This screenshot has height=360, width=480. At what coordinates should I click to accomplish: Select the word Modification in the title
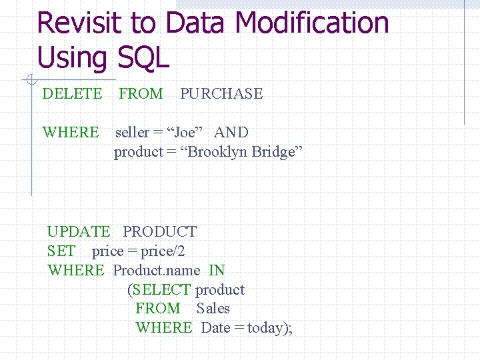pos(311,23)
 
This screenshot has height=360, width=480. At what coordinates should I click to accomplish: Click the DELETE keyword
pos(72,94)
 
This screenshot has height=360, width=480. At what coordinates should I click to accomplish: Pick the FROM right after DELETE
pos(141,94)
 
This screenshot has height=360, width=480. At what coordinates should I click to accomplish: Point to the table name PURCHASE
pos(221,94)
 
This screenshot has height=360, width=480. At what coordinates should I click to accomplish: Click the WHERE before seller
pos(70,133)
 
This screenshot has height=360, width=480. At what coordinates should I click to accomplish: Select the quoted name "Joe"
pos(183,133)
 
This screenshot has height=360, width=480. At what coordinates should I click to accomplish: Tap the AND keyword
pos(231,133)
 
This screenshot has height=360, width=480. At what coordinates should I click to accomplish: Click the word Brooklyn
pos(218,152)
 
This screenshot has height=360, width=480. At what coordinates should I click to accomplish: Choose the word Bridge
pos(277,152)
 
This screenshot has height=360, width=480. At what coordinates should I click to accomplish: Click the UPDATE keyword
pos(79,232)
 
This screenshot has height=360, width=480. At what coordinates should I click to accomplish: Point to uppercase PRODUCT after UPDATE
pos(160,232)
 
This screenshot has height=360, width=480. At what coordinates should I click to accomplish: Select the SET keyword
pos(61,251)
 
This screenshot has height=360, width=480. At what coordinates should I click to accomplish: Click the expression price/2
pos(163,251)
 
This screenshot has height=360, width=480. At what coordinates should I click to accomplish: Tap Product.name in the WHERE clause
pos(157,271)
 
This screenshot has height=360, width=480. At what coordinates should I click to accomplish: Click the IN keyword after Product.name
pos(217,271)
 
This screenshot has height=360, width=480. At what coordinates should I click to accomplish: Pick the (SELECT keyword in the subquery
pos(159,290)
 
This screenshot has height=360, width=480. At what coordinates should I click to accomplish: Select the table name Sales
pos(213,309)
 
